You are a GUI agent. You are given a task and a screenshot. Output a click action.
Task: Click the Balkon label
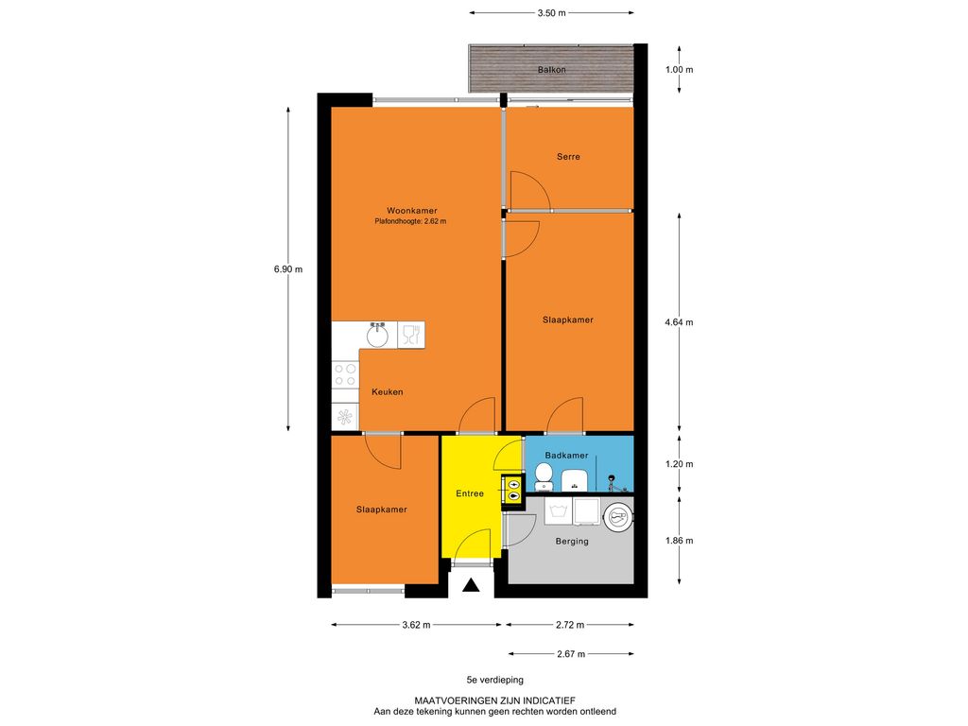pos(551,70)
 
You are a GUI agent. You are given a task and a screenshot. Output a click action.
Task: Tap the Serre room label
pos(568,157)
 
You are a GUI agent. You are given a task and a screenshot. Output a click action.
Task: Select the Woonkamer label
pos(412,211)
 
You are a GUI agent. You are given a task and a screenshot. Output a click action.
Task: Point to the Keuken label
pos(387,392)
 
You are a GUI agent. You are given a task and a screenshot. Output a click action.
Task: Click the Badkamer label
pos(566,456)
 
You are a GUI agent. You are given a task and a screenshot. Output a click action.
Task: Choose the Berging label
pos(572,542)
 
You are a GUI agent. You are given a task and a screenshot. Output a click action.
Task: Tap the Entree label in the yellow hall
pos(470,493)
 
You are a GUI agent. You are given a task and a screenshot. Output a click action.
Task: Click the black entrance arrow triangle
pos(471,584)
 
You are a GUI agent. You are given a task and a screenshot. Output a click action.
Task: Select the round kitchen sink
pos(377,337)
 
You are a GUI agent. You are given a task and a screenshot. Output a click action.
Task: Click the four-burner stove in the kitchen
pos(345,374)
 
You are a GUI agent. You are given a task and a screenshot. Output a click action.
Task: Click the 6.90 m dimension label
pos(288,269)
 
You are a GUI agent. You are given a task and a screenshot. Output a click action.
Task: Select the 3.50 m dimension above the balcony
pos(551,12)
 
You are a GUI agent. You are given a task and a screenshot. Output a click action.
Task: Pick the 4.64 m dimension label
pos(679,322)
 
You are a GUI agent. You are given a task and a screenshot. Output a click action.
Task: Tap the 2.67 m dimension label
pos(571,654)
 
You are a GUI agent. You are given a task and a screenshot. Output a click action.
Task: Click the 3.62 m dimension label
pos(416,625)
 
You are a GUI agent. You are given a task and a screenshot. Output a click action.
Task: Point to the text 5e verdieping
pos(495,680)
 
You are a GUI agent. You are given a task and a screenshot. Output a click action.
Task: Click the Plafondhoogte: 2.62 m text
pos(410,221)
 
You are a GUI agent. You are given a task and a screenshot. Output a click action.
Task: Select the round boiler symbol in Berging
pos(618,517)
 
